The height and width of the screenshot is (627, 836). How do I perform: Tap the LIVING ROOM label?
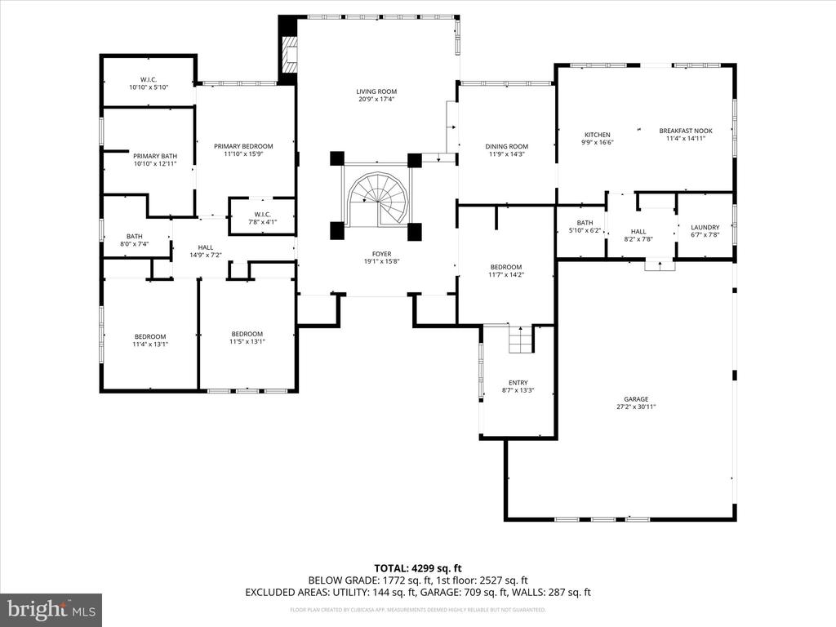point(376,91)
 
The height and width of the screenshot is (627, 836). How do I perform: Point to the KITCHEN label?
point(597,135)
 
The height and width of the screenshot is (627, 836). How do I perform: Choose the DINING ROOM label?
point(507,147)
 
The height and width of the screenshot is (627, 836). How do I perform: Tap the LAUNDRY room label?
point(705,228)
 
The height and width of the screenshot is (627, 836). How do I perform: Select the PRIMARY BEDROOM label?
point(243,146)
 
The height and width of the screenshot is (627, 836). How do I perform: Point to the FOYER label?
point(376,254)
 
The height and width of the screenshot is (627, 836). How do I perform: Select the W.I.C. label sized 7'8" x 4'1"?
point(260,216)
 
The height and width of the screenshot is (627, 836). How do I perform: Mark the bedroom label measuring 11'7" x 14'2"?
point(506,268)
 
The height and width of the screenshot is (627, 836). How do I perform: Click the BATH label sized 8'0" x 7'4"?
point(135,237)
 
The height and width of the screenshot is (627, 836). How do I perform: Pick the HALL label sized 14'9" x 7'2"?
point(205,247)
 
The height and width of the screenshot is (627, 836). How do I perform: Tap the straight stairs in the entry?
point(520,339)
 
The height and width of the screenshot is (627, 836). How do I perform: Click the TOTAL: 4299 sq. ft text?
point(418,568)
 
